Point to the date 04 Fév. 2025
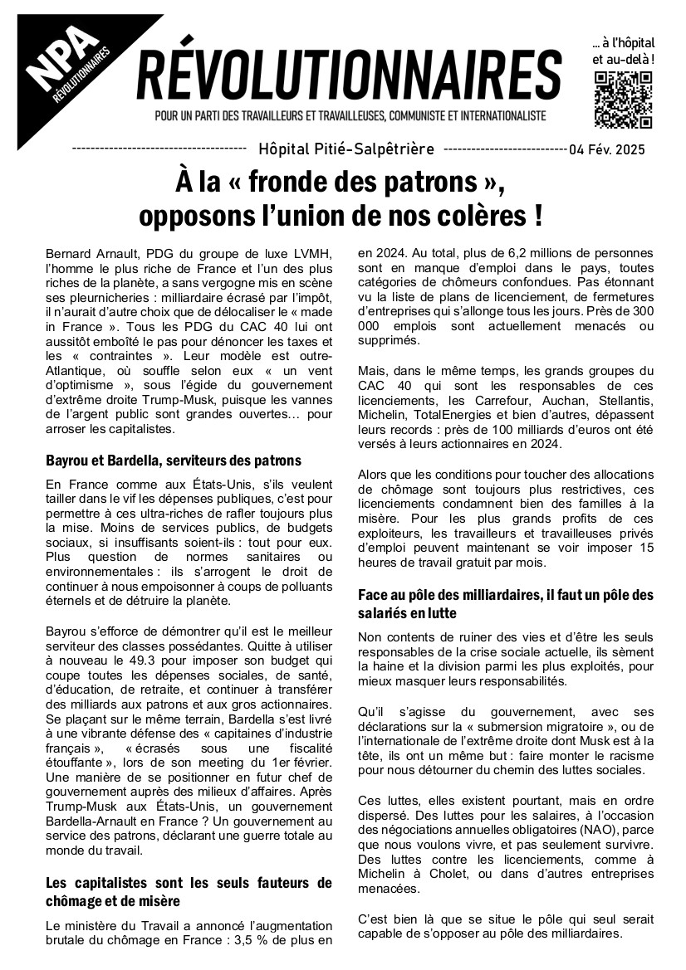(630, 150)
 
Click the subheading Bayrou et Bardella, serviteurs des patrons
(174, 460)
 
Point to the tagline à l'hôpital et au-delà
(623, 51)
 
